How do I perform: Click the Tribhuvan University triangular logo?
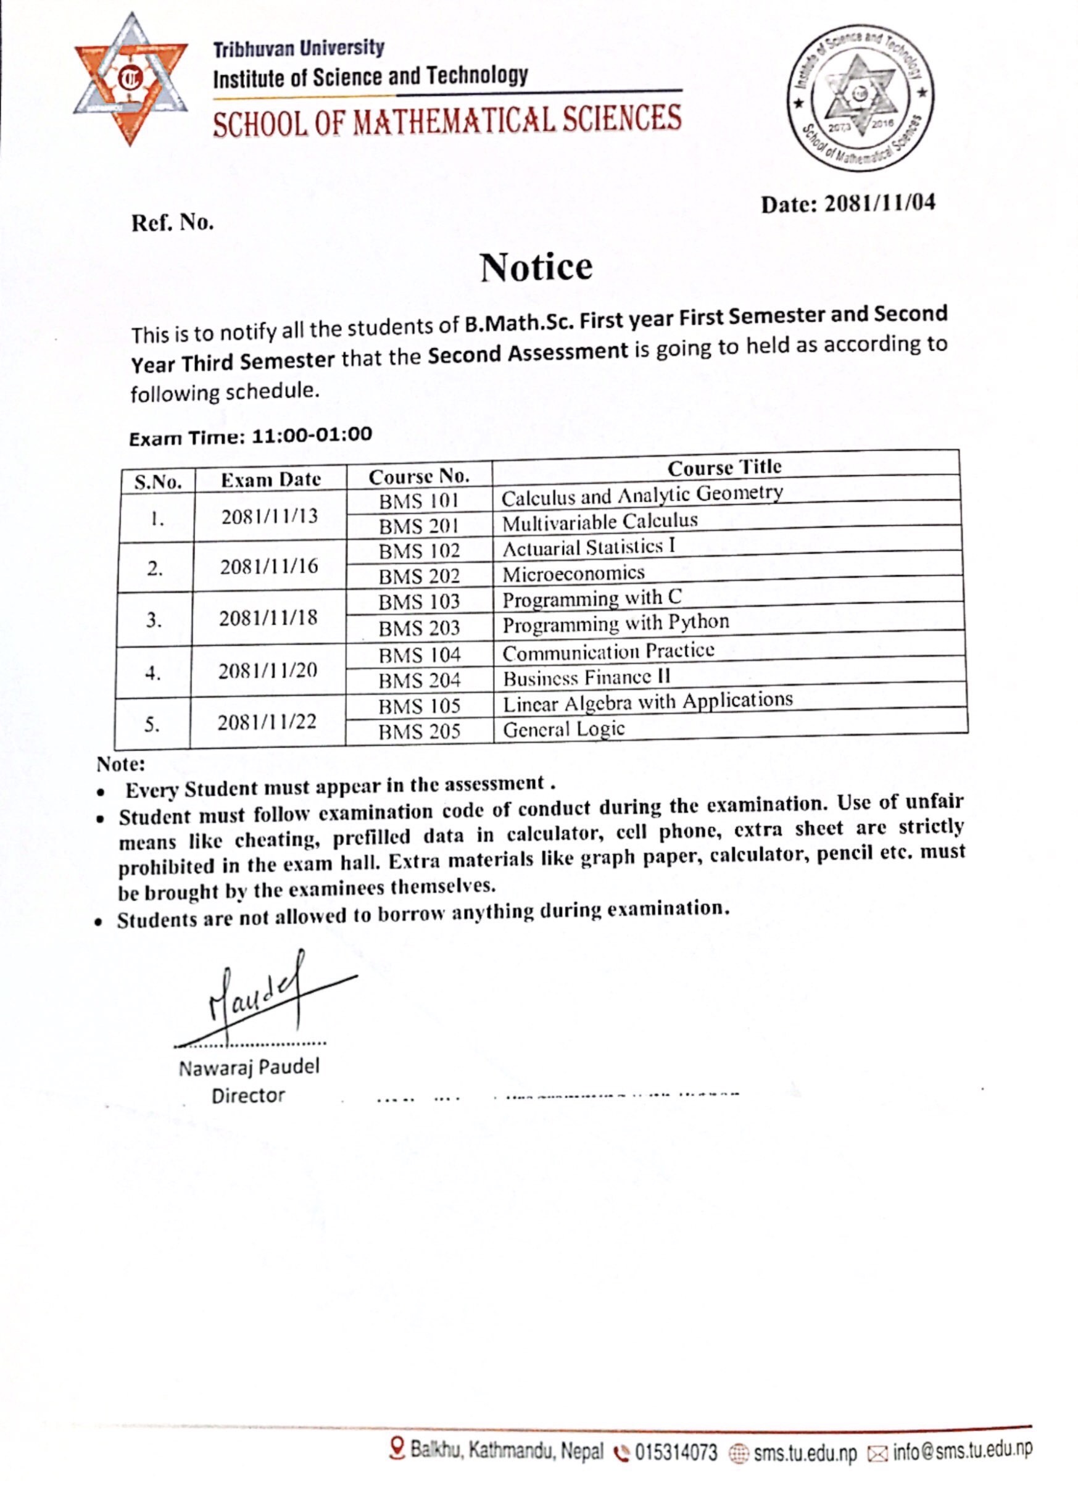[131, 79]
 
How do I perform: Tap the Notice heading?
[536, 268]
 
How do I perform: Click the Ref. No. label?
[173, 223]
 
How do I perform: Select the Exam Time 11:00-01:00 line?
[250, 436]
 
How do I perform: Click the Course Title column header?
[724, 467]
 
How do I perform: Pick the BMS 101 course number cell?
[418, 501]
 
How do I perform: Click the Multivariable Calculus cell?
[600, 522]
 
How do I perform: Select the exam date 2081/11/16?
[269, 565]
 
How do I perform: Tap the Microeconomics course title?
[573, 573]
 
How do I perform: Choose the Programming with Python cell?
[615, 623]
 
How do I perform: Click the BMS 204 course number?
[419, 680]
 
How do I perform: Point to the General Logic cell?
[563, 729]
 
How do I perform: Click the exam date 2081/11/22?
[267, 722]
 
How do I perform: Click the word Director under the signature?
[248, 1095]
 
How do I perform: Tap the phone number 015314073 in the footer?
[675, 1452]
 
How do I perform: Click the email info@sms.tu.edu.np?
[962, 1450]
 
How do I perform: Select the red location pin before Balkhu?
[396, 1448]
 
